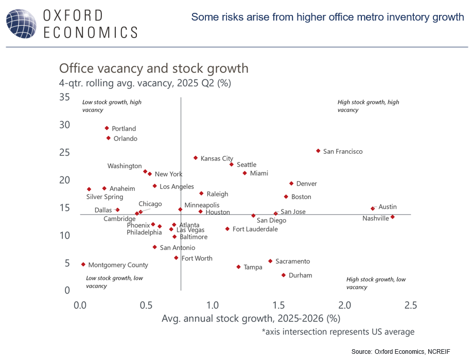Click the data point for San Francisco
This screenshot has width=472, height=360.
click(x=318, y=151)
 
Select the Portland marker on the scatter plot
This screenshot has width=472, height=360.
click(x=107, y=128)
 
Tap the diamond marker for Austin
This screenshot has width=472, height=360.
click(x=373, y=208)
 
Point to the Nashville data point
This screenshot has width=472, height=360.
click(x=392, y=217)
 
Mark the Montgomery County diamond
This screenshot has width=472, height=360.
click(x=83, y=264)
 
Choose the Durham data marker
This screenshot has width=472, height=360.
click(x=284, y=275)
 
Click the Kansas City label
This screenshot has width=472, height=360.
click(x=217, y=158)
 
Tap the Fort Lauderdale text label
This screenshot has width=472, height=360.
click(x=255, y=229)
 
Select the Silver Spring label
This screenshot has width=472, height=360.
click(x=104, y=196)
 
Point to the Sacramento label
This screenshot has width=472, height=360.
click(x=292, y=261)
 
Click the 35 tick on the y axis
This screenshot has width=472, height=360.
click(x=65, y=97)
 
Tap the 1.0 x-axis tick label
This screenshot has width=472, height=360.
click(x=212, y=305)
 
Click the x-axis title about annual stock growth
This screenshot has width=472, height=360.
click(x=251, y=319)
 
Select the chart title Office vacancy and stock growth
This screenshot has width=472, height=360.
click(x=154, y=68)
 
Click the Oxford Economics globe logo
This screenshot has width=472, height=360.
click(x=20, y=23)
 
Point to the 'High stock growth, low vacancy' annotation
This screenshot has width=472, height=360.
click(x=376, y=283)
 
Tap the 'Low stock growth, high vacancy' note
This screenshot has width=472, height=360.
click(x=112, y=106)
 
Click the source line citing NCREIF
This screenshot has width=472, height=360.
click(x=400, y=351)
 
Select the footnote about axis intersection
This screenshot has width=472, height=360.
click(x=338, y=332)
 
